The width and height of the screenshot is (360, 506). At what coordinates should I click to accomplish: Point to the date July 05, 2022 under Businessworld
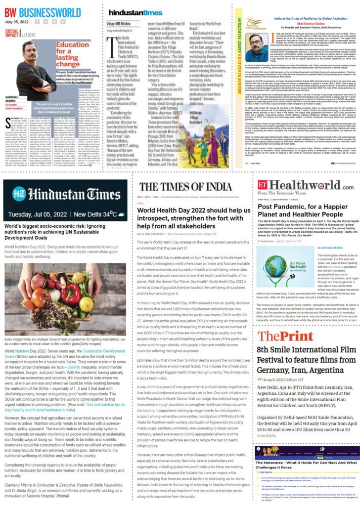(x=17, y=21)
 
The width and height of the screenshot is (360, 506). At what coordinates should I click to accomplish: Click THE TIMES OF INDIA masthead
(x=182, y=200)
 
